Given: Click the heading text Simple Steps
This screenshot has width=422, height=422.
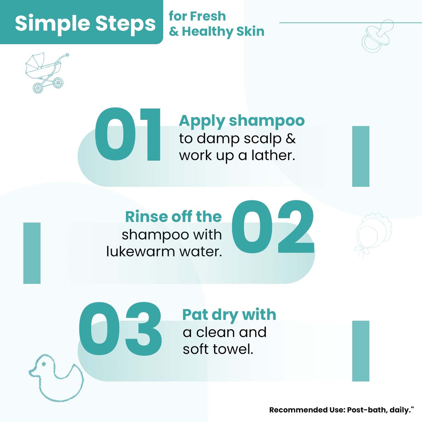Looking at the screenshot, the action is [85, 24].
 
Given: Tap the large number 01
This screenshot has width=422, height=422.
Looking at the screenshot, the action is [128, 134].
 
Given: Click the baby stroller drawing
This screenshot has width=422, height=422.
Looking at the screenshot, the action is [47, 73].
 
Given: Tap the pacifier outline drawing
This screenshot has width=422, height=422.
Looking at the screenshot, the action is [377, 36].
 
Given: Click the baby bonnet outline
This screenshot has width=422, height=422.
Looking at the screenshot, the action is [372, 235].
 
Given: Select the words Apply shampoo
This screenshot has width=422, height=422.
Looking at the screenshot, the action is [242, 121].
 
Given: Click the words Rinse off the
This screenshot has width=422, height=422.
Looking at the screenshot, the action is [173, 217].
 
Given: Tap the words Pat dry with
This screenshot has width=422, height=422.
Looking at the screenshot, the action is [229, 315].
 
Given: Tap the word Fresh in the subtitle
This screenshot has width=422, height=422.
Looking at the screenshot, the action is [208, 16].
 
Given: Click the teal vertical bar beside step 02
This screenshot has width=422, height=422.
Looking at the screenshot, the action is [32, 253].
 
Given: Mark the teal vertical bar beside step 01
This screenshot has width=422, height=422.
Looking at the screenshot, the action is [361, 156].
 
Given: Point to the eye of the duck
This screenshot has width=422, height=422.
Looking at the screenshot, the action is [44, 364].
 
